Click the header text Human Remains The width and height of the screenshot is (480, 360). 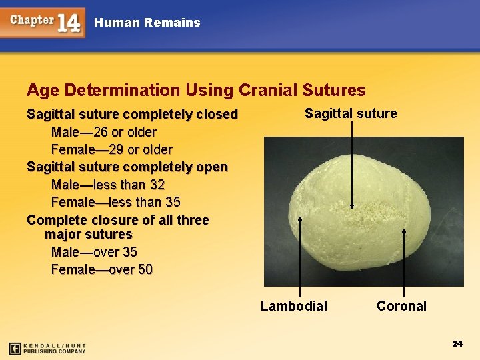point(147,23)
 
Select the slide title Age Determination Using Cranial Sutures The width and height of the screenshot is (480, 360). point(196,90)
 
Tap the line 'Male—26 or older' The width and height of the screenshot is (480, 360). point(103,132)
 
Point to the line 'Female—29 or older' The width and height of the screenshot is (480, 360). point(111,149)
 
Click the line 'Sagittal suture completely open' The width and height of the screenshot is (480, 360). point(127,167)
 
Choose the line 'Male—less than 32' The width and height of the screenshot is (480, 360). point(107,185)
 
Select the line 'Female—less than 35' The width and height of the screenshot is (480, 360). point(115,202)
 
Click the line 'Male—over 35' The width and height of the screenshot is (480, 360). point(95,252)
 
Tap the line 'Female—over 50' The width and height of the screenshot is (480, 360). point(101,269)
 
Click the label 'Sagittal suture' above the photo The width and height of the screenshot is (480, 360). point(351,113)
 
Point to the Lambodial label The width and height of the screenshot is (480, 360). point(293,306)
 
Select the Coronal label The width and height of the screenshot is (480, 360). point(401,306)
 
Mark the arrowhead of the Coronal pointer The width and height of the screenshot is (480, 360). point(405,230)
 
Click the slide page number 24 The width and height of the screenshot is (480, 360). point(457,343)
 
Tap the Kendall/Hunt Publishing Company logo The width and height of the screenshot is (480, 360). point(47,348)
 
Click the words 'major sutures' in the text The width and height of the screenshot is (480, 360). point(88,235)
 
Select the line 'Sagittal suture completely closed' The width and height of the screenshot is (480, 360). point(132,114)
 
